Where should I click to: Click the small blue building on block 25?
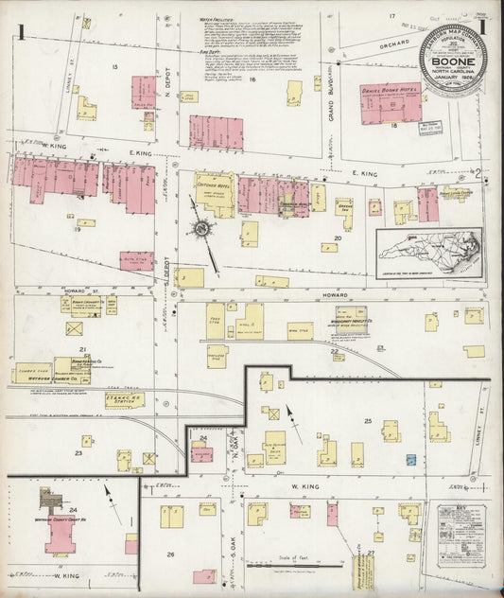[x=411, y=459]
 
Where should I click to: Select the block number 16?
[x=253, y=80]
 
